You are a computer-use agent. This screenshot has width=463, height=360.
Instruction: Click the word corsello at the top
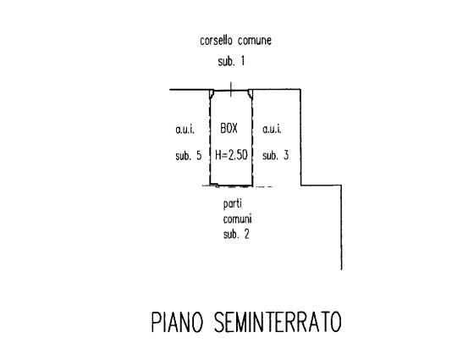216,41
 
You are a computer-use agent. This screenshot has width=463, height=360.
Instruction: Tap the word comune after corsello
255,41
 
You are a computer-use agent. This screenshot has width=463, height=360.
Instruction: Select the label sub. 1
231,61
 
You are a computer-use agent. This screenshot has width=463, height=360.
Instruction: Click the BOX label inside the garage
229,128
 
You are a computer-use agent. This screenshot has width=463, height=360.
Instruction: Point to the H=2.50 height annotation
231,155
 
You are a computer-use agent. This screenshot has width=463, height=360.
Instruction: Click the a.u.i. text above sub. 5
185,129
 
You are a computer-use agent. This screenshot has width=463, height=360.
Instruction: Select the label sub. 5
189,156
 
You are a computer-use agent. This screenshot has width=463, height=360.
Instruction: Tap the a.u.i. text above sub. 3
272,129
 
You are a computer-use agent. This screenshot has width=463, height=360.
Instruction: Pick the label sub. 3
275,155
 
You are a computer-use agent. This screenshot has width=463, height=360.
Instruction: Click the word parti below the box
233,204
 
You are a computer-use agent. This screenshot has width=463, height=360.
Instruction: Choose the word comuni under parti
237,219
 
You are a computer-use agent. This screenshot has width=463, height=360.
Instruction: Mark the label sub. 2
236,234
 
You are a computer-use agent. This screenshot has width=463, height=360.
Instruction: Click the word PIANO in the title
178,322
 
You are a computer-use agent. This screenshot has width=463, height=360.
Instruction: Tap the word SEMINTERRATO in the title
278,322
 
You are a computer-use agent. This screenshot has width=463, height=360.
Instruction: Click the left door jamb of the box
212,94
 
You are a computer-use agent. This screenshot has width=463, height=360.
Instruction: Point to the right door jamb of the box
251,94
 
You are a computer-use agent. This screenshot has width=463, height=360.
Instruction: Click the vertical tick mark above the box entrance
231,90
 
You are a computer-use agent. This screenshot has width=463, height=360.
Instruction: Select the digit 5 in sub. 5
199,156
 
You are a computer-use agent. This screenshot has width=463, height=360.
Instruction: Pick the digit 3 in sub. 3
286,155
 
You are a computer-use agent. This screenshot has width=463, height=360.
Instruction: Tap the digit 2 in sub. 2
246,234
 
